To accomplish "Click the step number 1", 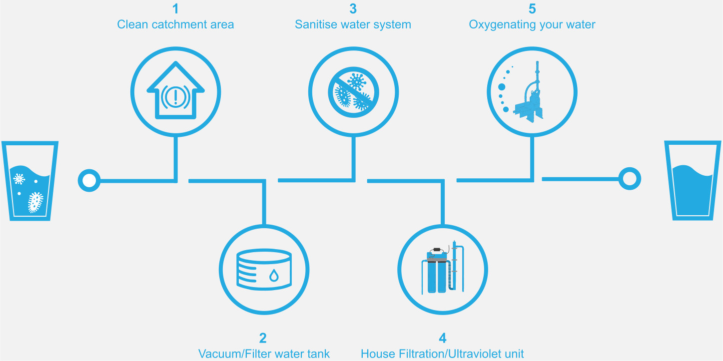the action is [x=175, y=8].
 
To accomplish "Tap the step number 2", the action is [x=263, y=338].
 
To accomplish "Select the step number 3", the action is [x=353, y=8].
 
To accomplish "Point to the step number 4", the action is [x=443, y=338].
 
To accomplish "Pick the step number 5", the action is [x=532, y=8].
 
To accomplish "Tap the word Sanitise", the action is [x=317, y=24].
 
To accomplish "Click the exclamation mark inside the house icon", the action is [x=175, y=96].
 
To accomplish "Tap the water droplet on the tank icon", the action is [x=274, y=276].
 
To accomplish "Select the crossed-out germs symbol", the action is [x=353, y=92].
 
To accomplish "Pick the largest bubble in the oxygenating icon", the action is [x=502, y=87].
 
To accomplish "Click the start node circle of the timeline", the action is [x=89, y=180].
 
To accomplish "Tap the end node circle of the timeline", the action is [x=630, y=178].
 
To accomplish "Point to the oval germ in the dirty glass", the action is [x=35, y=202].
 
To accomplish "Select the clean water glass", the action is [x=693, y=181].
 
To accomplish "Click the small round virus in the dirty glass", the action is [x=19, y=179].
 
